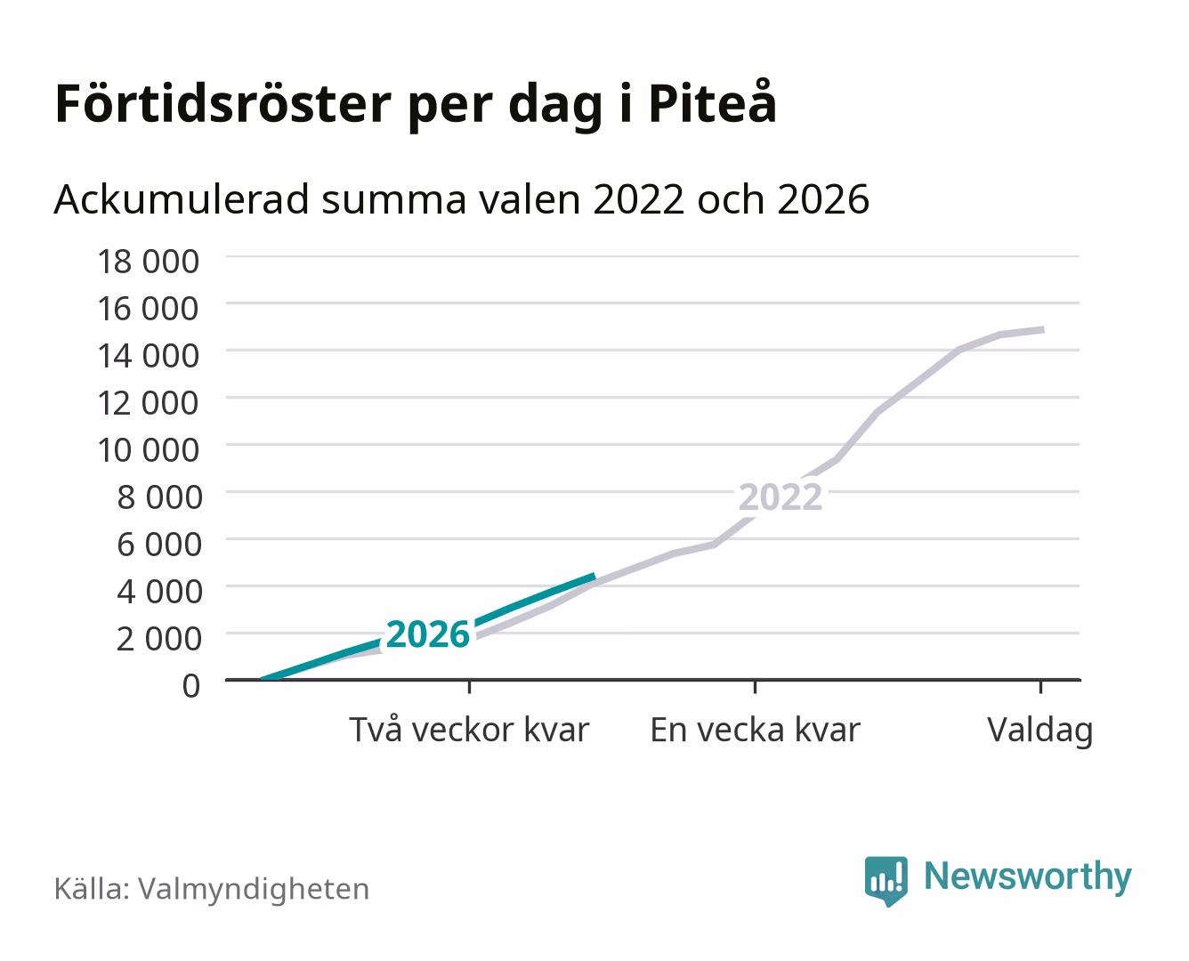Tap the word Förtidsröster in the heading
(222, 104)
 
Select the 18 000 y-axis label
(148, 262)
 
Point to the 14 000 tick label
(148, 356)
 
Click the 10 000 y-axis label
(148, 450)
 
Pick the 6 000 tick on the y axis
(159, 544)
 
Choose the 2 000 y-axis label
(159, 638)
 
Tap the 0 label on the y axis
(191, 686)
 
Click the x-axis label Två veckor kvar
(469, 730)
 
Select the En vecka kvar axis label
(755, 730)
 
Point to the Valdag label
(1040, 731)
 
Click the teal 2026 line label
(427, 634)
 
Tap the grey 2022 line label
(781, 497)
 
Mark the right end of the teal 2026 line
(595, 576)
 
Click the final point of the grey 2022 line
(1043, 329)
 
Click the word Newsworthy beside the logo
(1028, 876)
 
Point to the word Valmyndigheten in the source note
(254, 890)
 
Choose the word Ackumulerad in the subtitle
(182, 199)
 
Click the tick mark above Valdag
(1040, 686)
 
